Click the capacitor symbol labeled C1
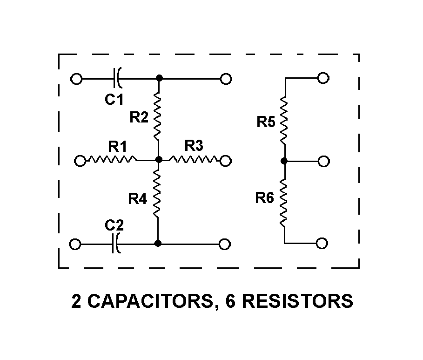[x=117, y=79]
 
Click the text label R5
[x=266, y=122]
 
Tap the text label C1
[x=114, y=99]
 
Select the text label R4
[x=137, y=199]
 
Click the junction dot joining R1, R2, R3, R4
[x=159, y=160]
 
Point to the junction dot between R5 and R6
[x=284, y=161]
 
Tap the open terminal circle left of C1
[x=76, y=79]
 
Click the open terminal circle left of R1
[x=81, y=161]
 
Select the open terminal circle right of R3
[x=226, y=161]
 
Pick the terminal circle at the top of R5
[x=323, y=78]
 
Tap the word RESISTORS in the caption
[x=298, y=301]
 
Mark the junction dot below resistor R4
[x=158, y=243]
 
